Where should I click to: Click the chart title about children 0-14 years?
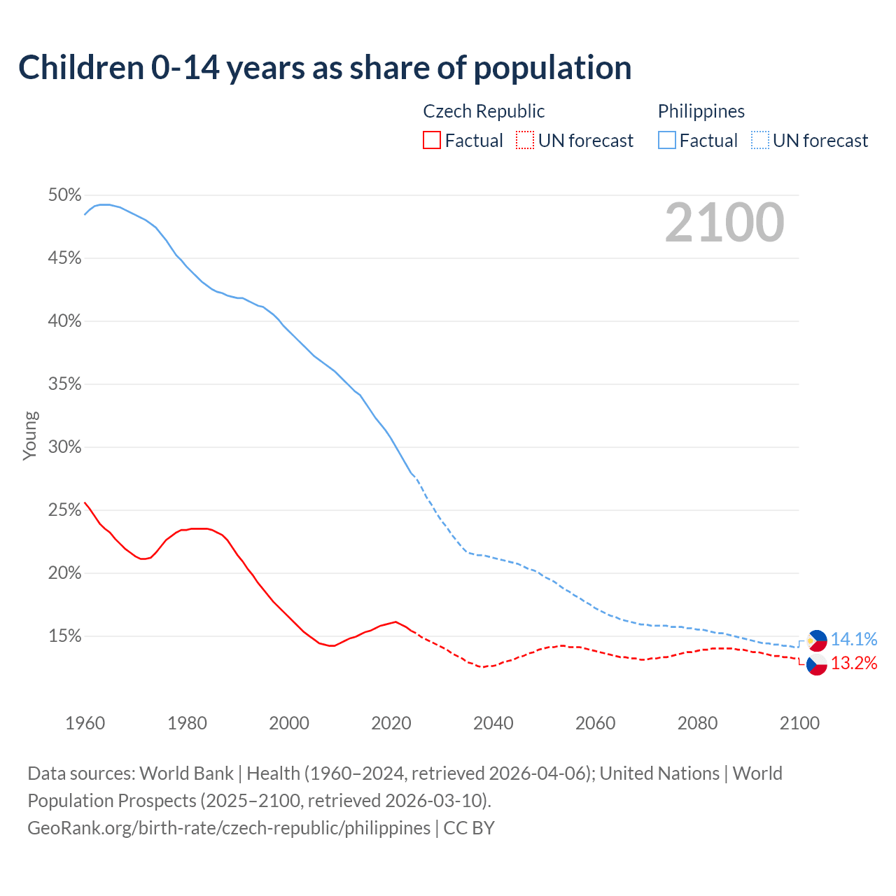tap(325, 68)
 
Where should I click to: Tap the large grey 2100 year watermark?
tap(724, 223)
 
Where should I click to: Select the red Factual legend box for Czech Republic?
tap(432, 141)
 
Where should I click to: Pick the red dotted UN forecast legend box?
tap(525, 141)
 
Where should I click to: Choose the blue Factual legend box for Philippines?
tap(667, 141)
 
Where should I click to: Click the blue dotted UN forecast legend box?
tap(760, 141)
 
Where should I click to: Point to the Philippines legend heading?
tap(701, 111)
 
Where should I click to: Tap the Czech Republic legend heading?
tap(484, 111)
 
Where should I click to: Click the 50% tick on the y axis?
tap(64, 195)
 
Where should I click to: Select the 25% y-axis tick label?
tap(64, 510)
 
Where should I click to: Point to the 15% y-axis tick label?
tap(64, 636)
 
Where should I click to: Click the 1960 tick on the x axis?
tap(85, 723)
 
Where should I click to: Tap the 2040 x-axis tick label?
tap(493, 723)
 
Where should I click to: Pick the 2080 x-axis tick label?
tap(697, 723)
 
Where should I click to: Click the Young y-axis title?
tap(30, 435)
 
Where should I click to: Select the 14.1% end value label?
tap(853, 639)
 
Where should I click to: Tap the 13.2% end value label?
tap(853, 663)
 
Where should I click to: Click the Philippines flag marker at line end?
tap(817, 640)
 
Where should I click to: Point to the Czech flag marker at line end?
tap(817, 664)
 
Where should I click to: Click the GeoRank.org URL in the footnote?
tap(229, 828)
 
